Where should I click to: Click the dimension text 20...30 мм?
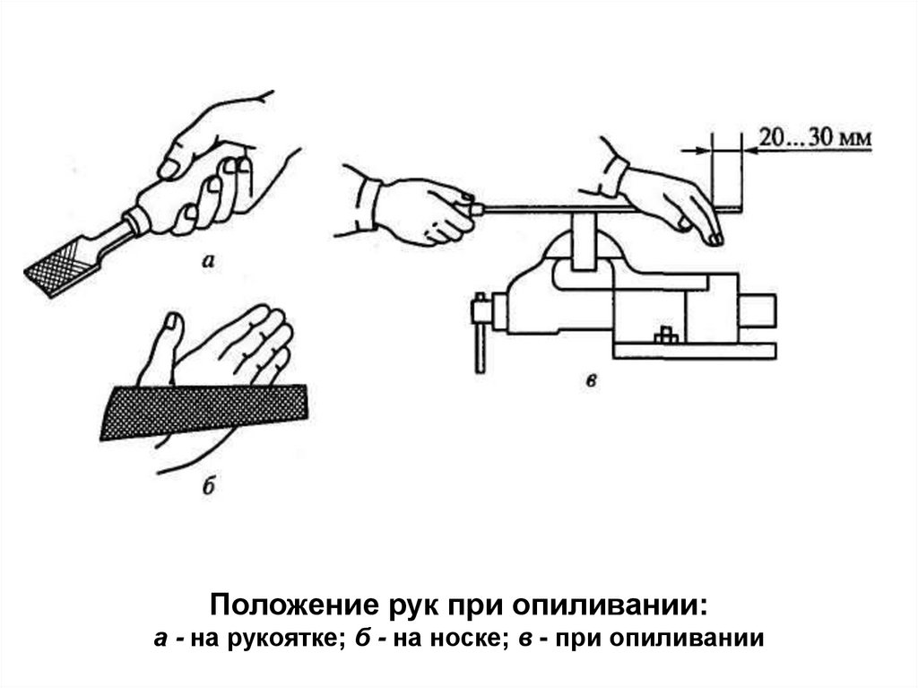point(815,138)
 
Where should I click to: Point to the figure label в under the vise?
point(592,381)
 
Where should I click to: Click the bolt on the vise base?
point(665,335)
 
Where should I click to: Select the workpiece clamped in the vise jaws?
point(583,241)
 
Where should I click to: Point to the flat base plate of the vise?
point(695,351)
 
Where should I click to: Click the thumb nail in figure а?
point(169,170)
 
